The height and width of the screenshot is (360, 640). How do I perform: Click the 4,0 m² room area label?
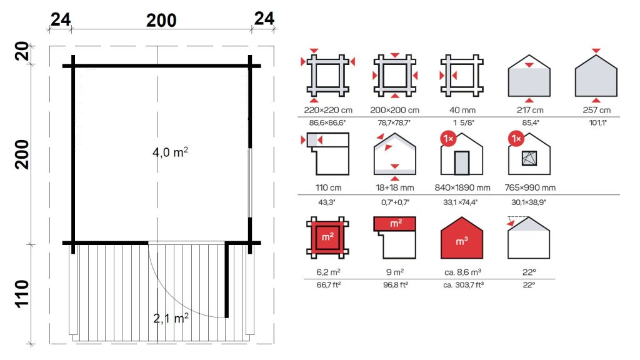pyautogui.click(x=170, y=152)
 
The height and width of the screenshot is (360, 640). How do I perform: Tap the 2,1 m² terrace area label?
pyautogui.click(x=171, y=318)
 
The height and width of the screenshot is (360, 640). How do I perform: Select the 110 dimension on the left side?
pyautogui.click(x=22, y=294)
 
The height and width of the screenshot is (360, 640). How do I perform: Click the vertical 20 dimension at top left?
pyautogui.click(x=22, y=51)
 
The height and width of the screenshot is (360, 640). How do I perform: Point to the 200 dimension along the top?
pyautogui.click(x=161, y=20)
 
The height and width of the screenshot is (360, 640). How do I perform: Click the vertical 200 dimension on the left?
pyautogui.click(x=22, y=154)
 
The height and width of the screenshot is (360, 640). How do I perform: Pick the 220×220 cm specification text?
pyautogui.click(x=328, y=110)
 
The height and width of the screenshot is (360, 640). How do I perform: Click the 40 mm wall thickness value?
pyautogui.click(x=462, y=110)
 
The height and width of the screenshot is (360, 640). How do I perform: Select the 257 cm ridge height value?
pyautogui.click(x=596, y=110)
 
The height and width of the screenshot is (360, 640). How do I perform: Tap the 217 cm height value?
pyautogui.click(x=530, y=110)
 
